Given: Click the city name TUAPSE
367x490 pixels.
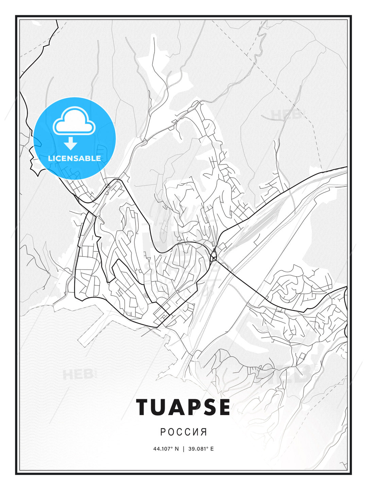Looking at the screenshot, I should [x=183, y=407].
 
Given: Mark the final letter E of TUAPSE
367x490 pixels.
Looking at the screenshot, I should [x=224, y=407].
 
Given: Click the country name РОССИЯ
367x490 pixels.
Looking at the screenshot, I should [x=183, y=432].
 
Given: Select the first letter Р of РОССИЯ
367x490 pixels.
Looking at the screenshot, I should [x=163, y=432].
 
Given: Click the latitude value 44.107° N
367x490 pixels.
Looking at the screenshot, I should [x=166, y=449].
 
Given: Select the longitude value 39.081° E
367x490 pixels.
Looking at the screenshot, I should [x=201, y=449].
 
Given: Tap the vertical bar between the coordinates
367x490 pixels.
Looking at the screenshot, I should [x=183, y=449].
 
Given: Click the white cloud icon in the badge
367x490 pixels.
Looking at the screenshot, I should [x=74, y=121].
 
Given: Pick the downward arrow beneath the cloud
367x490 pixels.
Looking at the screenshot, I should [x=71, y=144].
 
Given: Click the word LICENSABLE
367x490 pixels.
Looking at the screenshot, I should [x=74, y=158].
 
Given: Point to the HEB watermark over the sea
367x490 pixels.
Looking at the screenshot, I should [x=78, y=375].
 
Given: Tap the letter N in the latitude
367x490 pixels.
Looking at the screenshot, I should [x=176, y=449].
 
